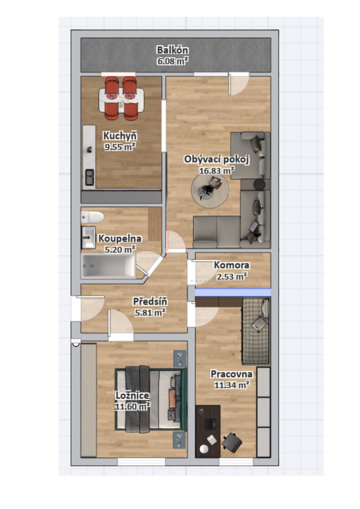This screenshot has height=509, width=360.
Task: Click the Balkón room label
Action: (172, 50)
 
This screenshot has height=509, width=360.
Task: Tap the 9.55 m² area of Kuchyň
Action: (120, 147)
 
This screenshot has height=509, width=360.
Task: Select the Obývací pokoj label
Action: (216, 159)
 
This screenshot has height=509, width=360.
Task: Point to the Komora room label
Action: (232, 265)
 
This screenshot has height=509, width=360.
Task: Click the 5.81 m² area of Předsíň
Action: (150, 312)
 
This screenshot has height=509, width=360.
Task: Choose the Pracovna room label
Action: (232, 374)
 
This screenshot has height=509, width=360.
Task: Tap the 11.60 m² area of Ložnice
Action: (132, 406)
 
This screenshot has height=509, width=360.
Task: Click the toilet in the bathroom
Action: (92, 217)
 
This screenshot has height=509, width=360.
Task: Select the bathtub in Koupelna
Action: (108, 266)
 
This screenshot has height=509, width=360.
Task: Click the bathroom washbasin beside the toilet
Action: (88, 238)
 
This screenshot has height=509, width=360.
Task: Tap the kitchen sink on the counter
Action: (90, 177)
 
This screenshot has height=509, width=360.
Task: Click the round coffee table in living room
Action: (210, 191)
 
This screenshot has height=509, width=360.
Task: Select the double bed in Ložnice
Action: (151, 399)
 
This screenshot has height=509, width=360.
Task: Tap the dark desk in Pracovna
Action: (208, 431)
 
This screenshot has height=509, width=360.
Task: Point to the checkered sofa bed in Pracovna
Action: (256, 331)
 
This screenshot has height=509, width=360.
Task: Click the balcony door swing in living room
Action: (239, 84)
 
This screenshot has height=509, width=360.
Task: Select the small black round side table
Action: (259, 185)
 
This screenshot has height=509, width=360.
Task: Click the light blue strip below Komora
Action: (233, 293)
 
